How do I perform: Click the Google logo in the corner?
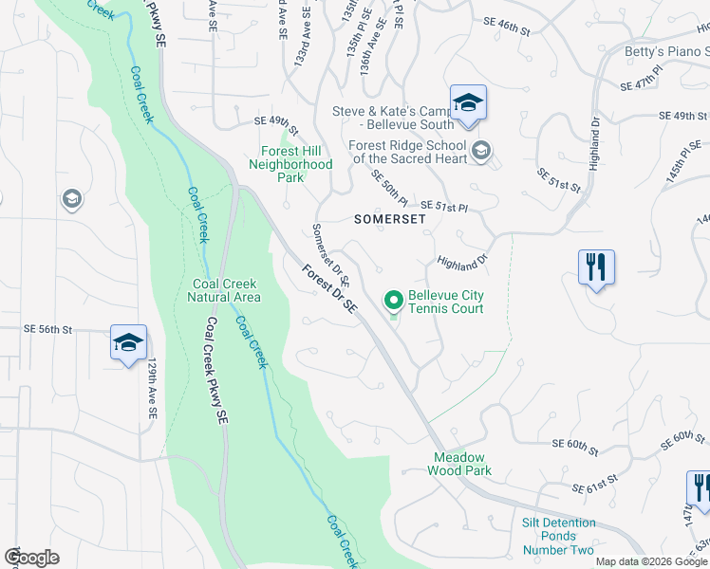point(31,558)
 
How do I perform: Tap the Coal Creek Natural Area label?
point(227,290)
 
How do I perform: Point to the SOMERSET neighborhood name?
point(389,218)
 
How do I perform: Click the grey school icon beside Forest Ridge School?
point(481,152)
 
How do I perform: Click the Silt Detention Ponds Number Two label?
point(559,537)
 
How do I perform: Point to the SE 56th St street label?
point(48,329)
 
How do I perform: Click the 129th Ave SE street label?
point(150,391)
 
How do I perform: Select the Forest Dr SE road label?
point(329,289)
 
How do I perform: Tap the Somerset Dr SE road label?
point(332,255)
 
